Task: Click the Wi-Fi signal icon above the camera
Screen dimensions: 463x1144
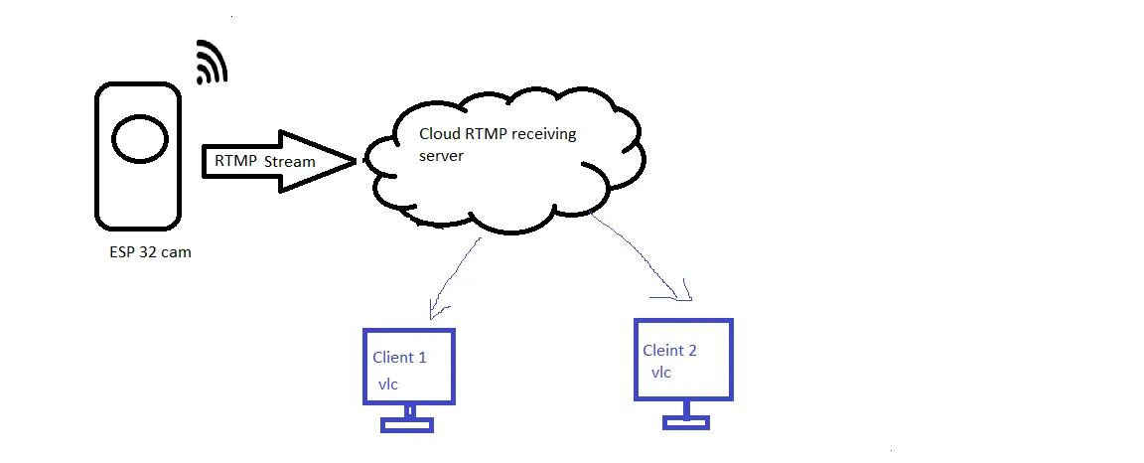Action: click(212, 62)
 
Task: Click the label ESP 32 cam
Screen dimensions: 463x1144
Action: click(150, 252)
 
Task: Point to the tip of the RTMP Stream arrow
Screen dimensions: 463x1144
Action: click(354, 160)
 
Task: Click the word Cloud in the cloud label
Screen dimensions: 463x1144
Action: click(439, 135)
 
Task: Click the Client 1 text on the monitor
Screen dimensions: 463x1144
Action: click(399, 358)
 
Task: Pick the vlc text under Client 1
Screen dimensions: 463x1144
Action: click(386, 384)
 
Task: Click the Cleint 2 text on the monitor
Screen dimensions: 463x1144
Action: click(669, 350)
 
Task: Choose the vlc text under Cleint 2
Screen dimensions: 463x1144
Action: click(661, 373)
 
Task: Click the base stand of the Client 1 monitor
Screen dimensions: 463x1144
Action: click(408, 424)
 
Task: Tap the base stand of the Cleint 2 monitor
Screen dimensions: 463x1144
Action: click(686, 421)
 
